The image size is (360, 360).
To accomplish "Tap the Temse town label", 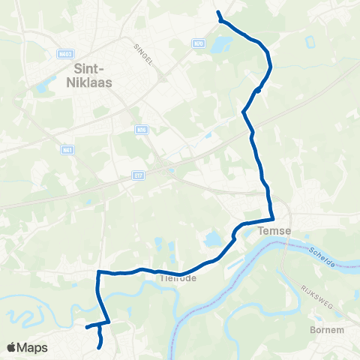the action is point(273,232).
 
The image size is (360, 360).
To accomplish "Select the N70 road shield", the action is point(197,43).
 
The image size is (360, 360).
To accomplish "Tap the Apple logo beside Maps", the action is point(12,347).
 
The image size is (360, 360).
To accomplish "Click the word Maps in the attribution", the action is point(32,347).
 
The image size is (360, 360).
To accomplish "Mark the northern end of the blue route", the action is point(217,13).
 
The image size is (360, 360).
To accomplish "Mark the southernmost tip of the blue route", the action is point(101,347).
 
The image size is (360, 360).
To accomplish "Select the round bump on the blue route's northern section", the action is point(257,91).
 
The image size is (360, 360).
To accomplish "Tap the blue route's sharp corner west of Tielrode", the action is point(99,273).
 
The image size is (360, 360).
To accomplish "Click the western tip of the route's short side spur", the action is point(86,327).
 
